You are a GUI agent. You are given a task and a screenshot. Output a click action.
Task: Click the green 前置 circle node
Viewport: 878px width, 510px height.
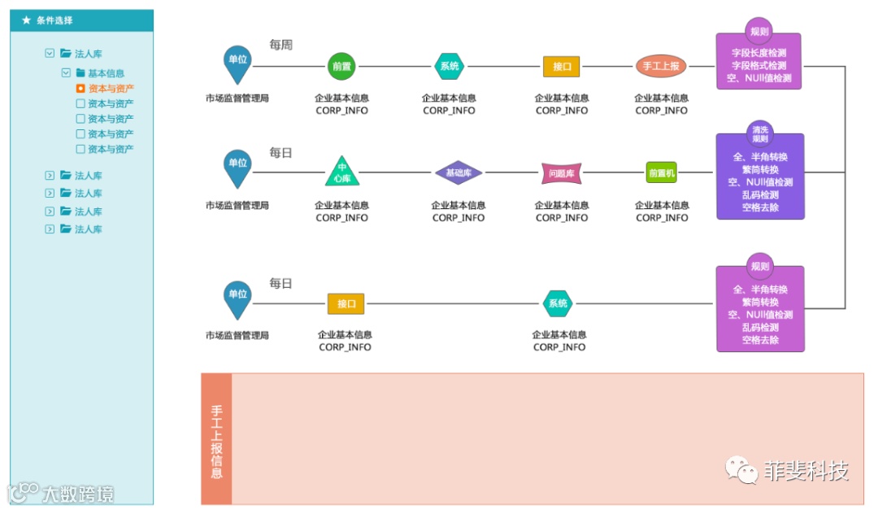pyautogui.click(x=341, y=67)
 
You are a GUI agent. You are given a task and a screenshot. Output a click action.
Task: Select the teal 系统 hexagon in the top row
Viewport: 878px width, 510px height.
pyautogui.click(x=449, y=67)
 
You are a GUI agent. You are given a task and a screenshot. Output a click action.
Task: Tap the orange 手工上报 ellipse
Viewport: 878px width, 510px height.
pyautogui.click(x=661, y=67)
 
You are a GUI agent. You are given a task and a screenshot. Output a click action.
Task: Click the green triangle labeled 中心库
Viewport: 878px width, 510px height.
pyautogui.click(x=342, y=172)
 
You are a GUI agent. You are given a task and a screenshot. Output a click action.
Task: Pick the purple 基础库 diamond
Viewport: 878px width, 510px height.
pyautogui.click(x=459, y=172)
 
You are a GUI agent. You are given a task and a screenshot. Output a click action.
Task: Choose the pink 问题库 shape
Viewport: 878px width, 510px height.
pyautogui.click(x=562, y=172)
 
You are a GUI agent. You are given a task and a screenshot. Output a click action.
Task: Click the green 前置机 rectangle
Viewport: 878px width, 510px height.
pyautogui.click(x=662, y=172)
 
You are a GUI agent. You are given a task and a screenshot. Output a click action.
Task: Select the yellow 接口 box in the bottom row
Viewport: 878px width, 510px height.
pyautogui.click(x=346, y=304)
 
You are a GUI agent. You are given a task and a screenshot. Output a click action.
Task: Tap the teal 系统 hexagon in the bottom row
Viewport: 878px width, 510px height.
pyautogui.click(x=558, y=304)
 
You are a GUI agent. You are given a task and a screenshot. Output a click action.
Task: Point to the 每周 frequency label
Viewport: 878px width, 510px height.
pyautogui.click(x=280, y=46)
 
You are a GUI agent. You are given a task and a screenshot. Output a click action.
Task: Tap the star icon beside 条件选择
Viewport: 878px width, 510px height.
pyautogui.click(x=26, y=20)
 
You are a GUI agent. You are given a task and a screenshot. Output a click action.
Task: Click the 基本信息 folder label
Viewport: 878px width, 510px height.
pyautogui.click(x=106, y=73)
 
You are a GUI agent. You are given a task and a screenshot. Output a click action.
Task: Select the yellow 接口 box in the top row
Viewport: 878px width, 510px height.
pyautogui.click(x=562, y=67)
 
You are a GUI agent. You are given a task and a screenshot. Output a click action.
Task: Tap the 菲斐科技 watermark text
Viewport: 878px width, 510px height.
pyautogui.click(x=805, y=471)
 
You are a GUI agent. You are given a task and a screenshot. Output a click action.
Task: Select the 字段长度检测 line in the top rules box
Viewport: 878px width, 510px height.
pyautogui.click(x=758, y=53)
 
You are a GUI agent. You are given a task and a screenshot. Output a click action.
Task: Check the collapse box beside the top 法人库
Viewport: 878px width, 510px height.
pyautogui.click(x=50, y=54)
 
